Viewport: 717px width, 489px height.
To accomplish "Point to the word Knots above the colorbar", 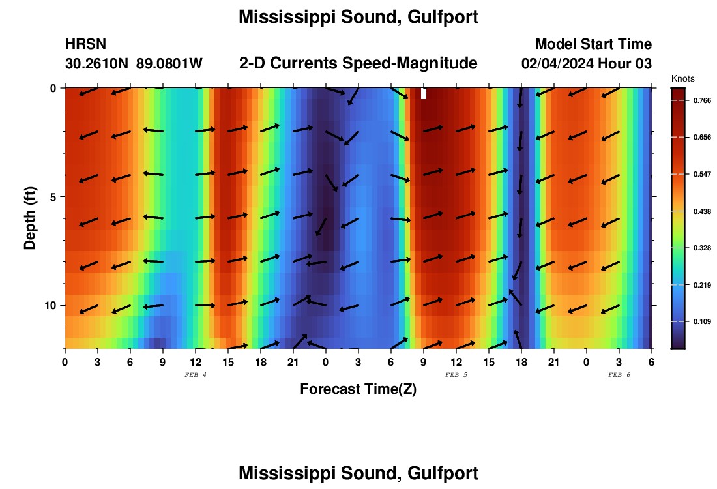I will (682, 78).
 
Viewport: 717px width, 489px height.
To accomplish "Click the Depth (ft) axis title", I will (30, 218).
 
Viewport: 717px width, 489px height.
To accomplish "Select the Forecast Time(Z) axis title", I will (358, 389).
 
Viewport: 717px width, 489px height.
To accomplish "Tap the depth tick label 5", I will (53, 196).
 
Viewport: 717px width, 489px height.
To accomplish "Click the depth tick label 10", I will (51, 305).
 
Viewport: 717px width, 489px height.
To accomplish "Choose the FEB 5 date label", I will (456, 375).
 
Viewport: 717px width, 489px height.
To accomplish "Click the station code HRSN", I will (85, 44).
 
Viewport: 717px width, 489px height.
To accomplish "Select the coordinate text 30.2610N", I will (96, 63).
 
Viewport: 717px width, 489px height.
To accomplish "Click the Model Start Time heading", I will (593, 44).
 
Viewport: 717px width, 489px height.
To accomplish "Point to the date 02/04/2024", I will (556, 63).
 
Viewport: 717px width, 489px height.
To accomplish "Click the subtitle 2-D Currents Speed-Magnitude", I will (358, 63).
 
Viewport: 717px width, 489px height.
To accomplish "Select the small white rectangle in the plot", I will (424, 94).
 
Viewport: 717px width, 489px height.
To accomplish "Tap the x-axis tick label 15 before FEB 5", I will (228, 362).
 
